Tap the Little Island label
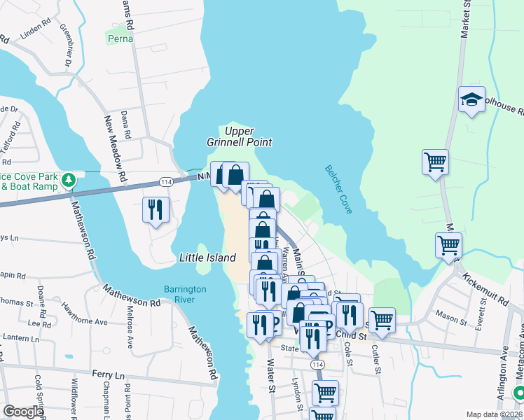point(207,258)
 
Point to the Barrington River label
point(185,294)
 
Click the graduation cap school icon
point(472,101)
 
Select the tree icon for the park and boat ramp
point(68,181)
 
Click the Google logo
point(23,412)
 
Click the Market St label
point(464,20)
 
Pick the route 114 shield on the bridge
point(163,181)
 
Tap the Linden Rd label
point(37,32)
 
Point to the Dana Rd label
point(126,124)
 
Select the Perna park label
point(120,38)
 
